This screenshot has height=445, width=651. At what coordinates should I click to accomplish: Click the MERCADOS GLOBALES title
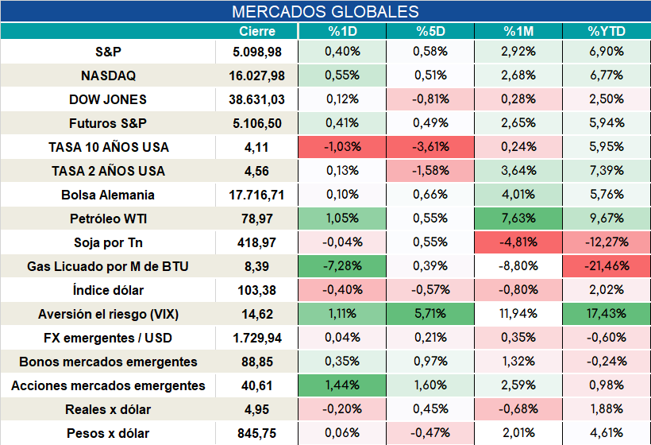[325, 12]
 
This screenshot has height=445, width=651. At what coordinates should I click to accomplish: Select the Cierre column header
[257, 31]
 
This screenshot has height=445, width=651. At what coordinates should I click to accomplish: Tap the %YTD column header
[607, 31]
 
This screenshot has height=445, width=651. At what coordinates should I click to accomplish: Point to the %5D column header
[430, 31]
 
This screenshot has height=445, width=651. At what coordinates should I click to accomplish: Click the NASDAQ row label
[108, 75]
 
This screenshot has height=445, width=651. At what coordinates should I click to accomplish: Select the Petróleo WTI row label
[108, 219]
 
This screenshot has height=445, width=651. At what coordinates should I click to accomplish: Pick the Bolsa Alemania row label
[108, 195]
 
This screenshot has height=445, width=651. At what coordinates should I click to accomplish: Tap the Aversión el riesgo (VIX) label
[108, 314]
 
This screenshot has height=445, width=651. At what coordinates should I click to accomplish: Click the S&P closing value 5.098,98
[257, 52]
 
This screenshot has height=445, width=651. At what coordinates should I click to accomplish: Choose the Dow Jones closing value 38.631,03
[256, 99]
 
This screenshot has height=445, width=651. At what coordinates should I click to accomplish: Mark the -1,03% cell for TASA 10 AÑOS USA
[342, 147]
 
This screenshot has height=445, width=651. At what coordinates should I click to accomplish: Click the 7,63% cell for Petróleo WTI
[518, 219]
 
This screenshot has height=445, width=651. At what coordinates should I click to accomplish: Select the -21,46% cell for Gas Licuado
[607, 266]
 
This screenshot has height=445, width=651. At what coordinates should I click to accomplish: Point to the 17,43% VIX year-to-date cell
[607, 314]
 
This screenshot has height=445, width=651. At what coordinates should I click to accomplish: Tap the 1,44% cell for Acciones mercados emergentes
[342, 385]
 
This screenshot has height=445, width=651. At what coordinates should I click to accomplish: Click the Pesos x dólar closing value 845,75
[256, 434]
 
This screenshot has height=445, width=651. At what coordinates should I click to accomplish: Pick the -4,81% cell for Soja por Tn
[518, 242]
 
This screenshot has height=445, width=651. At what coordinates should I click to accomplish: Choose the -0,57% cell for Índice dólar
[430, 289]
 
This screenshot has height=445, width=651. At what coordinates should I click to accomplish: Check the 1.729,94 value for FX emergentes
[257, 339]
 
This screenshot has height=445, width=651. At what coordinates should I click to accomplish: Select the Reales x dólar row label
[108, 410]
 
